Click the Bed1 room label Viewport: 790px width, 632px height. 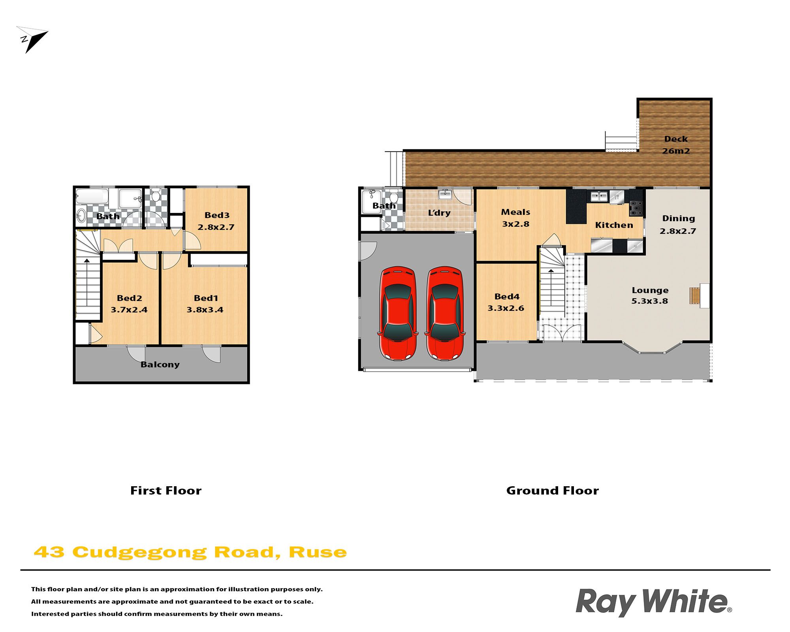[x=206, y=298]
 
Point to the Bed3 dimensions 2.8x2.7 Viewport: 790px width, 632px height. [x=216, y=227]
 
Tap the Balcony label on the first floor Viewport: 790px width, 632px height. [x=160, y=365]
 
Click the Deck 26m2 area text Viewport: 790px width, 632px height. [x=676, y=145]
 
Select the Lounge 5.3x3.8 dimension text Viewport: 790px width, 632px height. [x=650, y=301]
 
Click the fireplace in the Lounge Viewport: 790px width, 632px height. [x=700, y=295]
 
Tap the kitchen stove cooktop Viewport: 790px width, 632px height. [x=636, y=208]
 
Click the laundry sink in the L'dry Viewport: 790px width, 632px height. [x=445, y=194]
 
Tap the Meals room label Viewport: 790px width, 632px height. [x=515, y=212]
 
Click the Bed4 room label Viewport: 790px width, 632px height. [x=507, y=297]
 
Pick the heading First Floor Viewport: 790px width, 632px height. [x=166, y=491]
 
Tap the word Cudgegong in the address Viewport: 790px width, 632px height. [x=139, y=553]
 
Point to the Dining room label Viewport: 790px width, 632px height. [x=678, y=218]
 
